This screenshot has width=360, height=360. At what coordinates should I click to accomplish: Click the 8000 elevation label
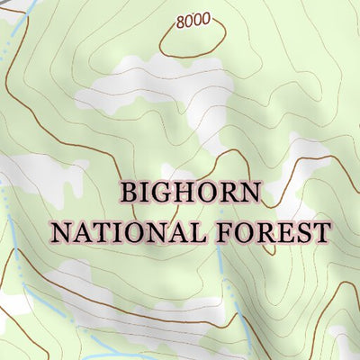click(193, 20)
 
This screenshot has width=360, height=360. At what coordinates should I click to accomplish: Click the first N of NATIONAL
click(61, 232)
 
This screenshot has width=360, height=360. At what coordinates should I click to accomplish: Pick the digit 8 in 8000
click(182, 20)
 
